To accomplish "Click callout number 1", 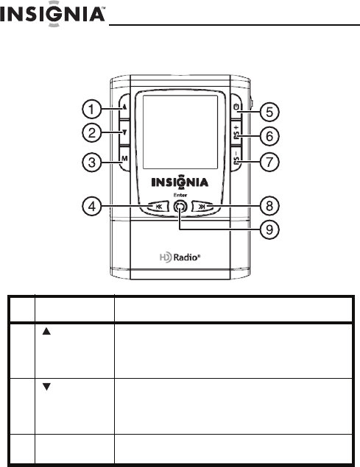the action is coord(91,109).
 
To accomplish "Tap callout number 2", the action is coord(91,132).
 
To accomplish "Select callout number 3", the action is coord(91,163).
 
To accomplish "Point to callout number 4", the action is coord(91,206).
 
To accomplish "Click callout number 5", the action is coord(269,113).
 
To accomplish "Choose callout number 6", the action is coord(269,136).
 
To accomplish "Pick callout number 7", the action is coord(269,163).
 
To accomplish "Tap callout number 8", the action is coord(269,206).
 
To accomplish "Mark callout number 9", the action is coord(269,229).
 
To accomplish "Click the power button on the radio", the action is coord(236,107).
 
